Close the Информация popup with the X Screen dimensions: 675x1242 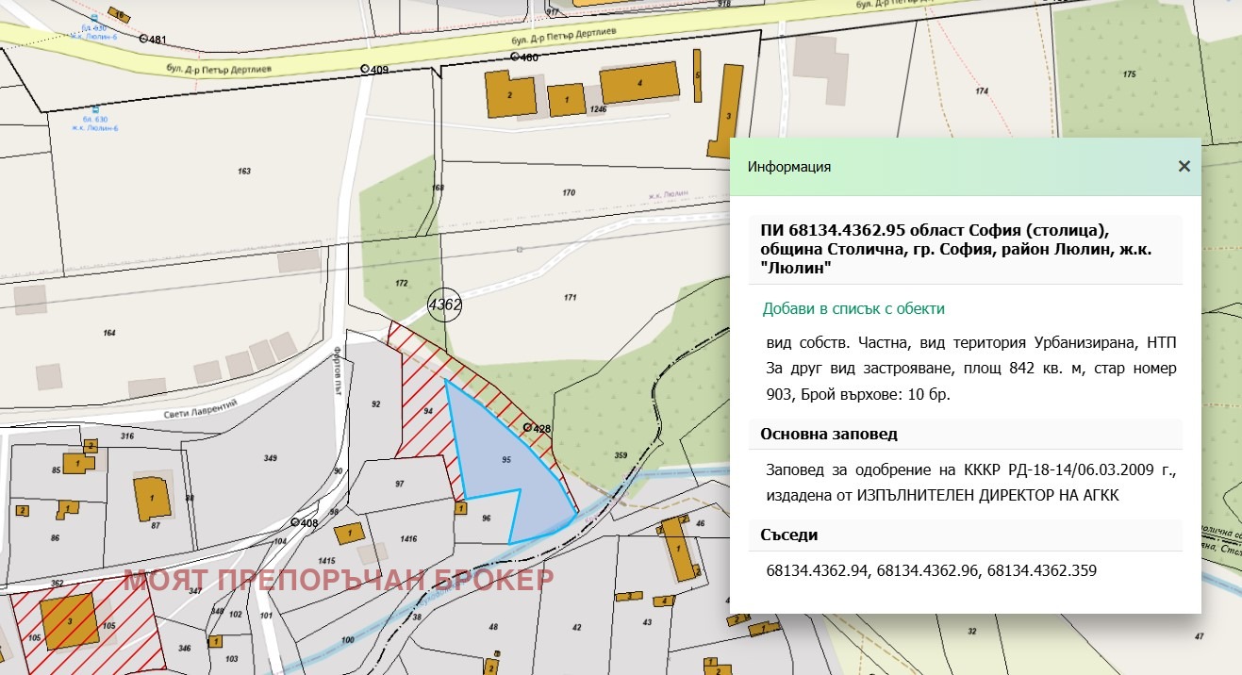tap(1184, 167)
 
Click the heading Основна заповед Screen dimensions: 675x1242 tap(828, 435)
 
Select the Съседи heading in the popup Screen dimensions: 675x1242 tap(788, 535)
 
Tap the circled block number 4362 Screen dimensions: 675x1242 tap(444, 305)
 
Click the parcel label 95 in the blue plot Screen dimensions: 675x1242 tap(506, 460)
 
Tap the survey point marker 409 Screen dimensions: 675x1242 tap(365, 70)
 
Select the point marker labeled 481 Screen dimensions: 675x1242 tap(143, 40)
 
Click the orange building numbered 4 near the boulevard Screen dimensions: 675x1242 tap(640, 84)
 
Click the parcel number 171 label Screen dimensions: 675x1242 tap(570, 297)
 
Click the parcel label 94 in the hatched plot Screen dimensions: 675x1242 tap(428, 412)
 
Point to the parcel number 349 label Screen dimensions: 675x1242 tap(271, 458)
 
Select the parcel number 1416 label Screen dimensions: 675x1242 tap(408, 539)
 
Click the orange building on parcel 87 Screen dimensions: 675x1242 tap(151, 497)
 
